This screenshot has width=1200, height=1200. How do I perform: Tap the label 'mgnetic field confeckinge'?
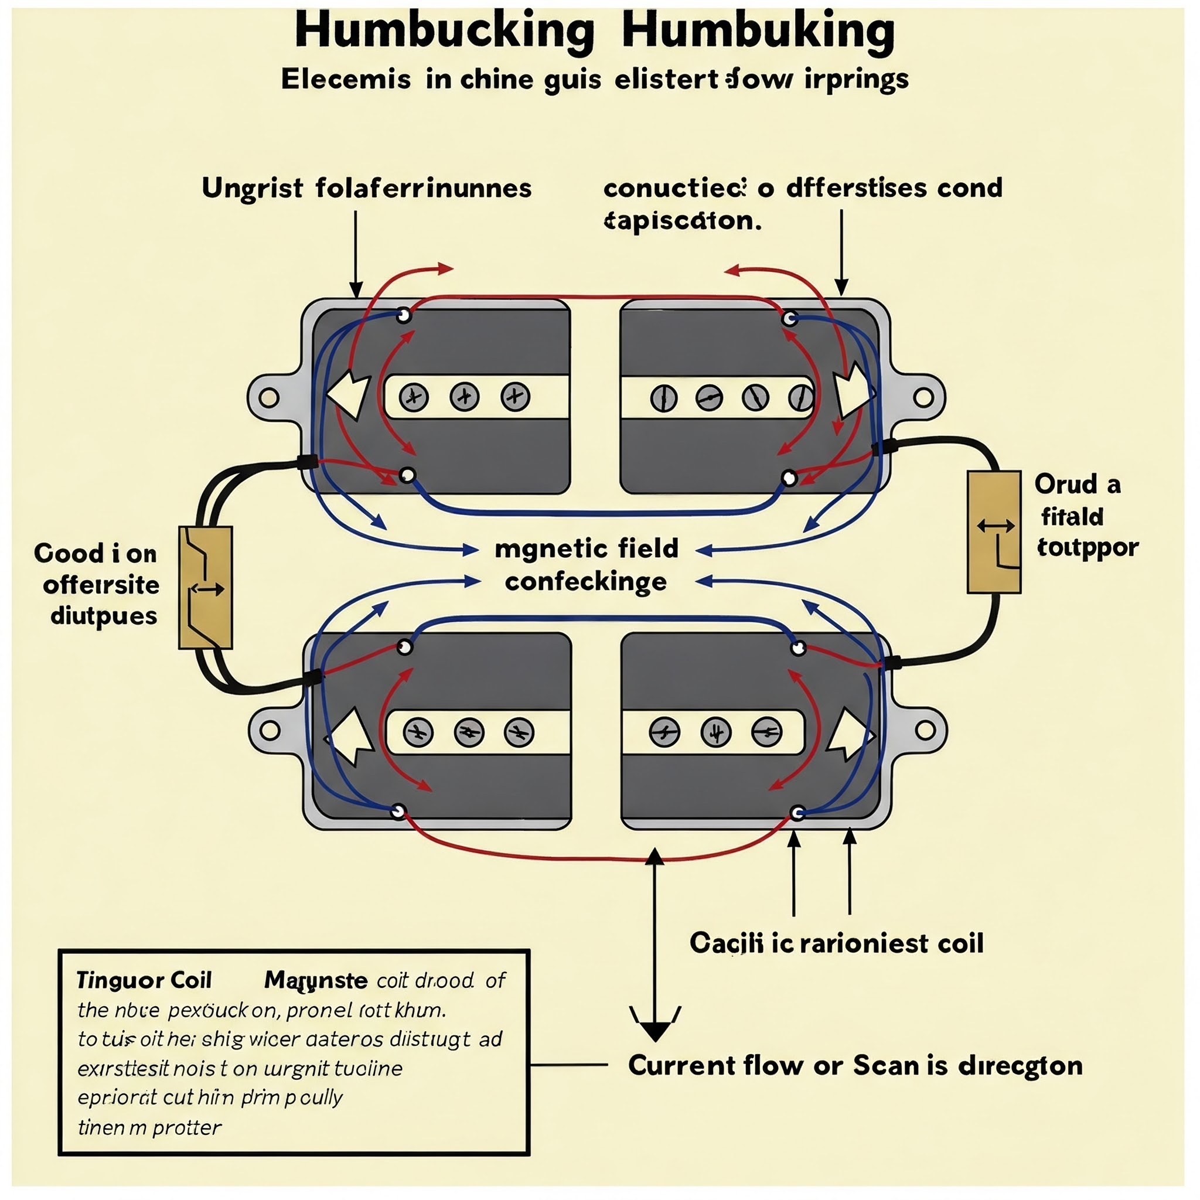[x=587, y=565]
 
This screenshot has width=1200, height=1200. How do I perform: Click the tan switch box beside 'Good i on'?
[x=206, y=588]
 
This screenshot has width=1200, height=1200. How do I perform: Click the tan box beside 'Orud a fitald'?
[x=994, y=531]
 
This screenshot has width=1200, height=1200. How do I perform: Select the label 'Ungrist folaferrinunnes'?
[x=366, y=188]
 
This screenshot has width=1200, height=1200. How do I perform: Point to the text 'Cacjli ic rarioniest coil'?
[x=836, y=943]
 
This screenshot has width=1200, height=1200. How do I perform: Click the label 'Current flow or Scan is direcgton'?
[x=855, y=1065]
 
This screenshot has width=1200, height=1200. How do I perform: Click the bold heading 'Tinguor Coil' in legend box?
[x=144, y=980]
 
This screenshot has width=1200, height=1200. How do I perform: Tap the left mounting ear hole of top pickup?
[x=268, y=397]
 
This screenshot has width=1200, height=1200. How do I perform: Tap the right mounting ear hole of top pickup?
[x=923, y=397]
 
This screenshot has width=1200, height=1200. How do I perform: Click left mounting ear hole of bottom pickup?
[x=269, y=731]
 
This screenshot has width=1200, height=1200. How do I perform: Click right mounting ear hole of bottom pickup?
[x=925, y=731]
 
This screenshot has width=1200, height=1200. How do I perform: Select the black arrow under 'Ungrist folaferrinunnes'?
[x=356, y=255]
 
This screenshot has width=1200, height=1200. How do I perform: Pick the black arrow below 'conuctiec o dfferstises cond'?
[x=841, y=255]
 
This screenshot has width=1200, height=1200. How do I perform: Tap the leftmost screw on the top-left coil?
[x=414, y=397]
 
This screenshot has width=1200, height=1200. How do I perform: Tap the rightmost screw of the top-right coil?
[x=800, y=397]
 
